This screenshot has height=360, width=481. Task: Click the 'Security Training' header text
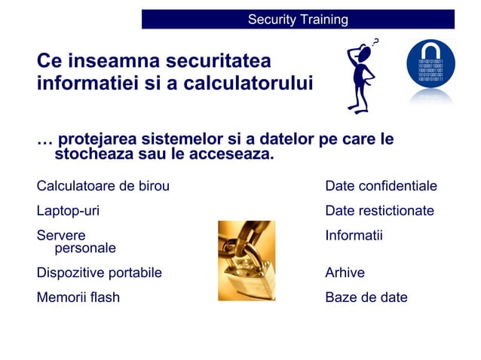pyautogui.click(x=298, y=20)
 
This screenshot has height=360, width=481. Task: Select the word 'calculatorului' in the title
pyautogui.click(x=247, y=84)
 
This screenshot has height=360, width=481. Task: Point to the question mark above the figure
pyautogui.click(x=376, y=41)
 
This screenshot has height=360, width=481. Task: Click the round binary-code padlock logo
pyautogui.click(x=430, y=67)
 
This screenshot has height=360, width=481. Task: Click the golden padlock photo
pyautogui.click(x=247, y=261)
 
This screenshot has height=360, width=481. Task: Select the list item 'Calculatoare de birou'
pyautogui.click(x=103, y=186)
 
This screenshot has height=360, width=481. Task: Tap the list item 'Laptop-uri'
pyautogui.click(x=68, y=211)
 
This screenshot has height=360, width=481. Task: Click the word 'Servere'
pyautogui.click(x=61, y=236)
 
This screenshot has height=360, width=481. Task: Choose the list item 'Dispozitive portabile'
pyautogui.click(x=100, y=273)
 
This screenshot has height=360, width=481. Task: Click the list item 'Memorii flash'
pyautogui.click(x=78, y=297)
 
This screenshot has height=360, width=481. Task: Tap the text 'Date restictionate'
pyautogui.click(x=379, y=211)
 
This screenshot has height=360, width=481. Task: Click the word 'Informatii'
pyautogui.click(x=354, y=236)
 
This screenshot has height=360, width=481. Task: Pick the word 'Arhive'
pyautogui.click(x=345, y=273)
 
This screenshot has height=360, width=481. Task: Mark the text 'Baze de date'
pyautogui.click(x=366, y=297)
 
